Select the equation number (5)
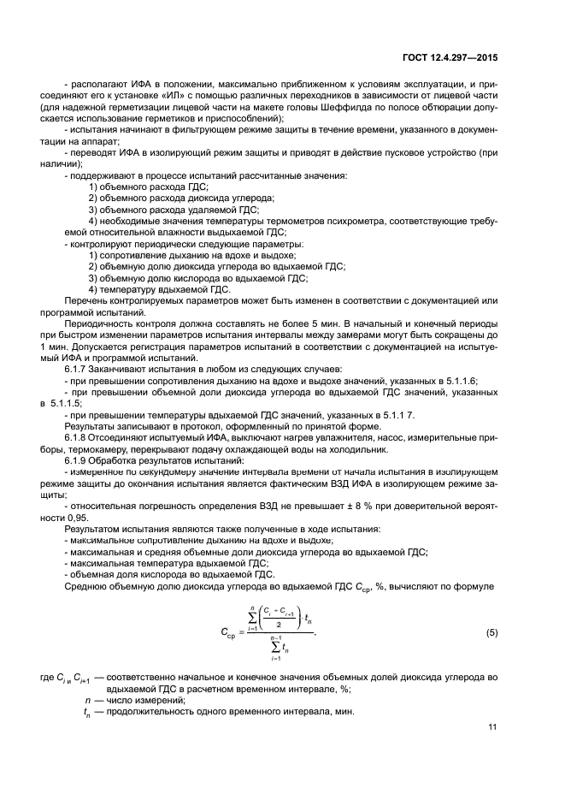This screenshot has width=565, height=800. (491, 632)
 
